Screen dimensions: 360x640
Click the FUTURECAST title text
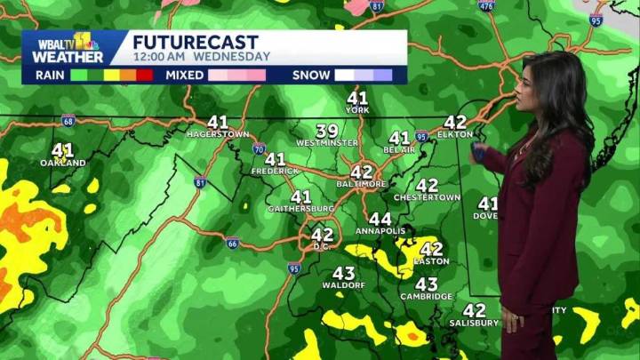196,42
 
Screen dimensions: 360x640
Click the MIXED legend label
185,76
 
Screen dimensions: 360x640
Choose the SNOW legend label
310,76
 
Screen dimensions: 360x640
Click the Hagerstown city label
217,133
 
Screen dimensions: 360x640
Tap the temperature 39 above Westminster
327,131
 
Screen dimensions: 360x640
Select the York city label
356,109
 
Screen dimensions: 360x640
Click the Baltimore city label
362,183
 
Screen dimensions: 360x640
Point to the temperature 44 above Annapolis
380,219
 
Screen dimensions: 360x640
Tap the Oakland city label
62,163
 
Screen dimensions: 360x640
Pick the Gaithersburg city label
300,209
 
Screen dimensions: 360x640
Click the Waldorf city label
343,285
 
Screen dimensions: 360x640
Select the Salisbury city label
473,322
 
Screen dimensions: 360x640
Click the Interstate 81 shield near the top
376,6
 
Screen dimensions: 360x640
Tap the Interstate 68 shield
68,120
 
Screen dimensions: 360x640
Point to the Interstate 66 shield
232,242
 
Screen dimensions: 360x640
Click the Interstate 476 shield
484,6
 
